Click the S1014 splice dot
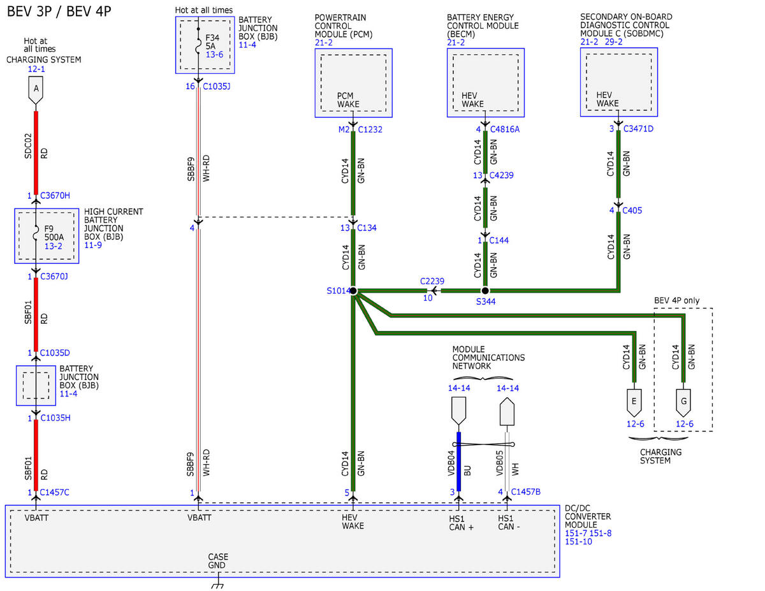coord(353,291)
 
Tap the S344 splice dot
coord(485,291)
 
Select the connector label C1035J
coord(217,86)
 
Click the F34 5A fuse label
coord(212,42)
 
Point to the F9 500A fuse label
coord(54,233)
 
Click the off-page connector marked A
coord(36,91)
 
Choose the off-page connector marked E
coord(634,403)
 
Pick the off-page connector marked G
coord(683,403)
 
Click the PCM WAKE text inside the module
coord(348,100)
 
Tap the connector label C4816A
coord(505,129)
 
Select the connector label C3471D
coord(638,129)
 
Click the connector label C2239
coord(432,281)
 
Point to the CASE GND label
coord(217,561)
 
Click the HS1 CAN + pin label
coord(461,523)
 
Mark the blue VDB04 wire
coord(459,462)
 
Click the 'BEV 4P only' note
coord(676,301)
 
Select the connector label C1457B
coord(525,492)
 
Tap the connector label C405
coord(632,210)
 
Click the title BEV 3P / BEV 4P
coord(59,11)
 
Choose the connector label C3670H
coord(55,195)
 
